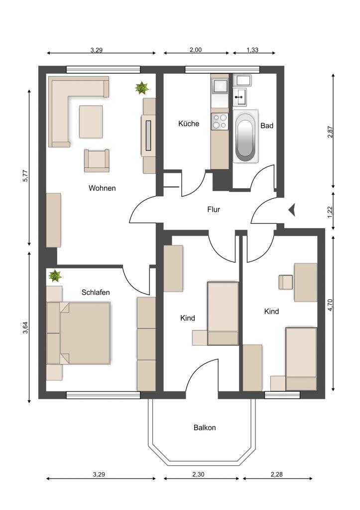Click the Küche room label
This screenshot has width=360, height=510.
coord(189,124)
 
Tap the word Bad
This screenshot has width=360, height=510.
coord(267,126)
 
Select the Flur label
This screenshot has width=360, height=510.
coord(214,210)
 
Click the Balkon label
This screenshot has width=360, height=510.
coord(205,427)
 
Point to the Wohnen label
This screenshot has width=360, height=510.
coord(102,188)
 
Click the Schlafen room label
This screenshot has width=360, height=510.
coord(96,292)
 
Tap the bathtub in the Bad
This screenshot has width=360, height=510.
coord(245,136)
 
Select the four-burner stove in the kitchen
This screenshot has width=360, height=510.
coord(220,122)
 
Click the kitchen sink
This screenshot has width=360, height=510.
coord(220,86)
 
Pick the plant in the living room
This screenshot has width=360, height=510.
coord(142,88)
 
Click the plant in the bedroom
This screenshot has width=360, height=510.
coord(55,276)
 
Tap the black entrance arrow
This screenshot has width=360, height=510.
coord(292,210)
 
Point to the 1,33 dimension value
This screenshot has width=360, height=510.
coord(252,50)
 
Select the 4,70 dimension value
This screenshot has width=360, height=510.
coord(331,305)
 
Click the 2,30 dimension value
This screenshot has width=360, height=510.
coord(198,474)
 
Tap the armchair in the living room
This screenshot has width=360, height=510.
coord(97,160)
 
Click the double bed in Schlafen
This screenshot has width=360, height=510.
coord(78,333)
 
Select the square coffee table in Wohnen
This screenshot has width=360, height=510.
coord(91,122)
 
